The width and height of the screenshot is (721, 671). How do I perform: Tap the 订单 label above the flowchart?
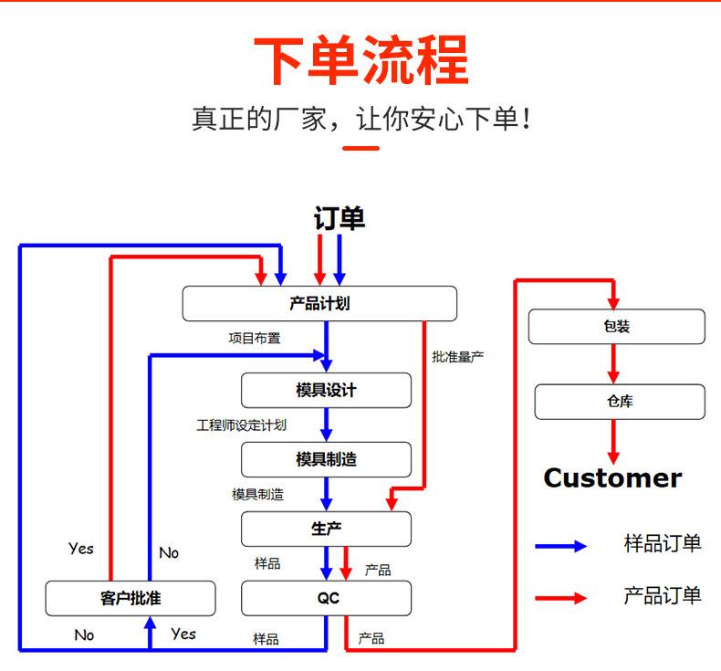click(339, 219)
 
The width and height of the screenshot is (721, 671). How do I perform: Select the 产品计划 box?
click(319, 303)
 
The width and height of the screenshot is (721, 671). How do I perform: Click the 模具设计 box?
click(326, 390)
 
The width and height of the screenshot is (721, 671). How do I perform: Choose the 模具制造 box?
click(326, 459)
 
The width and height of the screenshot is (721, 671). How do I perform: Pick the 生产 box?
click(326, 529)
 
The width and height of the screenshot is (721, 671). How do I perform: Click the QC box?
click(326, 598)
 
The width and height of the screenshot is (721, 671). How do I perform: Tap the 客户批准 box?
click(131, 598)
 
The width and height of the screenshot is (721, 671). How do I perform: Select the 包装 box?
click(616, 327)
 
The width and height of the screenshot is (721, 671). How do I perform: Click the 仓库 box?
click(619, 402)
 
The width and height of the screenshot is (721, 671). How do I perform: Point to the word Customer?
click(612, 477)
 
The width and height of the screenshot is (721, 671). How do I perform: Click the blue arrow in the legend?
click(561, 546)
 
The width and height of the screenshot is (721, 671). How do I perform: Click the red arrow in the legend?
click(561, 598)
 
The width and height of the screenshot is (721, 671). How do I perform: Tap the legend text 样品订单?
click(663, 544)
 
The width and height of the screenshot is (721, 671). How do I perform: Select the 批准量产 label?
click(457, 357)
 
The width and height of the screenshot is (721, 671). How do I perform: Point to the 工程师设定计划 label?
click(241, 425)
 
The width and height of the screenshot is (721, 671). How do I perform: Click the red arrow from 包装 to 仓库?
click(613, 364)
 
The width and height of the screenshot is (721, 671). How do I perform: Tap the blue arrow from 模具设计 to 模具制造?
click(326, 425)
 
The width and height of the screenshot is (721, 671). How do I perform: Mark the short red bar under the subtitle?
click(360, 147)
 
